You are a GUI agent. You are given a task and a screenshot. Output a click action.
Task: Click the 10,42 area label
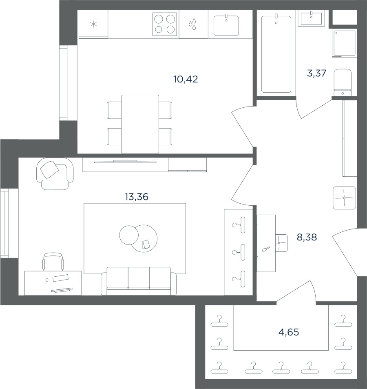[x=186, y=79]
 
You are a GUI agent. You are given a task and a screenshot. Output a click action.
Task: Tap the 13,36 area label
[x=137, y=197]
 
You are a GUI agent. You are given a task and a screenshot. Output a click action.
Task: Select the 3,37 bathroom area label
[x=317, y=73]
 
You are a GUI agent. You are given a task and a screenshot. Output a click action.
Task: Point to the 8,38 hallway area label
[x=307, y=237]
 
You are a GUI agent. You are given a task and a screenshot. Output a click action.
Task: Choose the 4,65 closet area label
[x=289, y=332]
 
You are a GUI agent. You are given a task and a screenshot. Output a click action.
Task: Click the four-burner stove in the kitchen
[x=165, y=24]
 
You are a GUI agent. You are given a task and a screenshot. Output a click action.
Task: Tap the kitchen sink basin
[x=226, y=25]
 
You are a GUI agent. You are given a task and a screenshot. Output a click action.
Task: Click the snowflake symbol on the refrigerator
[x=93, y=24]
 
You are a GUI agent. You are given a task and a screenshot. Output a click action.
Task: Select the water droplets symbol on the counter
[x=192, y=24]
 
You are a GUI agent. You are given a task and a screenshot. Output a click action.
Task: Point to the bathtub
[x=276, y=54]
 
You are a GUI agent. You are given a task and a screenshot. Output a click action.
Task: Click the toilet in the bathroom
[x=343, y=82]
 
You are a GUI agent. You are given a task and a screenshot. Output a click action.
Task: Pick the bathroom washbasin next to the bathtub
[x=312, y=18]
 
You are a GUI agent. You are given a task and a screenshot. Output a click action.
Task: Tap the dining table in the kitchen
[x=140, y=124]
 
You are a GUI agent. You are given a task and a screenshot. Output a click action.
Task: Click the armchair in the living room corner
[x=55, y=173]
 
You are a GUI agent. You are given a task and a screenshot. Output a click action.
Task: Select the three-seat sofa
[x=139, y=281]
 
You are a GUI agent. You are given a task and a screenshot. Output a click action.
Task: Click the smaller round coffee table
[x=128, y=235]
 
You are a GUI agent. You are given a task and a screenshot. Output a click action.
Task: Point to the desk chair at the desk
[x=53, y=261]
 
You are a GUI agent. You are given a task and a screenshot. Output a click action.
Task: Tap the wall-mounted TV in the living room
[x=125, y=162]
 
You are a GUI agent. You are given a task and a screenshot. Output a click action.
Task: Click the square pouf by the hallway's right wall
[x=345, y=198]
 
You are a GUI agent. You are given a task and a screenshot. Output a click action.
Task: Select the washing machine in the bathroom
[x=345, y=43]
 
